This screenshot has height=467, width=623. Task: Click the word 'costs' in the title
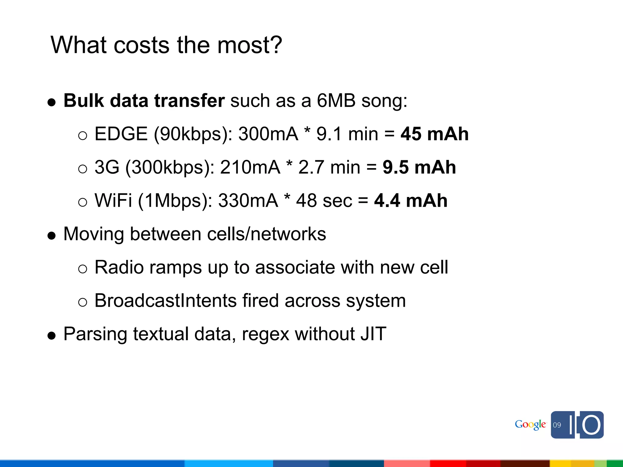[141, 45]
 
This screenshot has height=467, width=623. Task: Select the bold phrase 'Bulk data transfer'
[144, 101]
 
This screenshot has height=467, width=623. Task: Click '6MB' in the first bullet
[336, 101]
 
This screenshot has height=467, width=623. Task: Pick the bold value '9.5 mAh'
[419, 167]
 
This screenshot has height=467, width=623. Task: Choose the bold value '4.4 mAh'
[411, 201]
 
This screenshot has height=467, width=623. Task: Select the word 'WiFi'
[113, 201]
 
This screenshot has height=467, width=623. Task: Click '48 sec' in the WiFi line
[324, 201]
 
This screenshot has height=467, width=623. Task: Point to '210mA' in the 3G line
[250, 167]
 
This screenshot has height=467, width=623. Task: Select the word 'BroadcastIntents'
[165, 301]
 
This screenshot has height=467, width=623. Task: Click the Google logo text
[530, 424]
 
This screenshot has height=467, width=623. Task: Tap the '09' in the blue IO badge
[557, 425]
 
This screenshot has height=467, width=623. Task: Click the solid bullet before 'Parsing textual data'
[52, 336]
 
